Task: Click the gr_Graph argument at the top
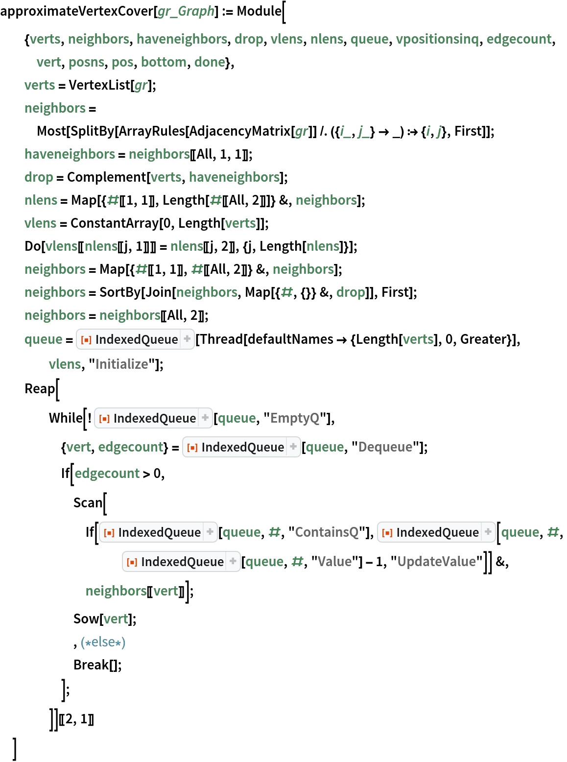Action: (186, 11)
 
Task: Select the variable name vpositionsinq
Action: (437, 39)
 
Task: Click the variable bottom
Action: (164, 62)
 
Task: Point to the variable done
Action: (210, 62)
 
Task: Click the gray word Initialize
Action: (121, 364)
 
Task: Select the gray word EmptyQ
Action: (295, 418)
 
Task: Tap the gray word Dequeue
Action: (385, 447)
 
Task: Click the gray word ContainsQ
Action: (327, 532)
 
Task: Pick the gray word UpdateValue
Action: (436, 562)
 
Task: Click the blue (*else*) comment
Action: (103, 642)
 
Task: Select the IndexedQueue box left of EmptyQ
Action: (153, 418)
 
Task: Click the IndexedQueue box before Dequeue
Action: (241, 447)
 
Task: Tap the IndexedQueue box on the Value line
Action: (181, 562)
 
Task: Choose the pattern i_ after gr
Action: (345, 131)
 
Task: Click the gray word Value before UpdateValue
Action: (334, 562)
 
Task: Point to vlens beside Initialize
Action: (65, 364)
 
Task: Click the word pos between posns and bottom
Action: (122, 62)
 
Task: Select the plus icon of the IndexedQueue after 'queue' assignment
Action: (187, 339)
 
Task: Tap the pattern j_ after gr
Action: (363, 131)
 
